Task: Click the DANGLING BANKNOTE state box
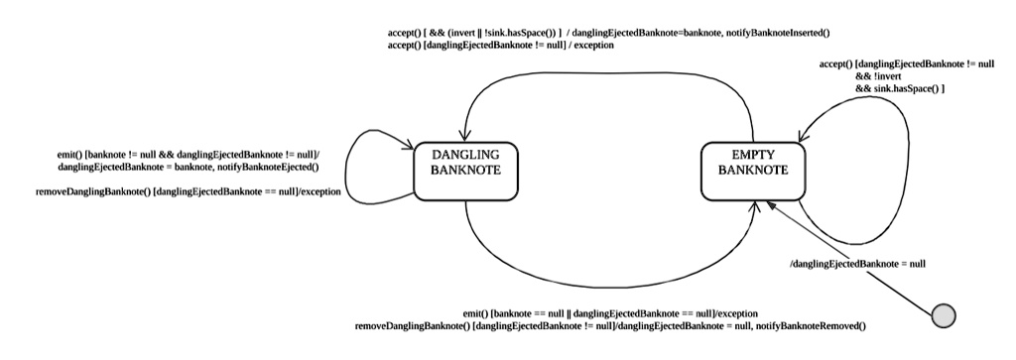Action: click(464, 171)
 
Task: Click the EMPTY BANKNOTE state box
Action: click(751, 171)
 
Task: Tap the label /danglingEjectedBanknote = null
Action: click(857, 264)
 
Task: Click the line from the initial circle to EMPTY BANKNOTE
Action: click(853, 259)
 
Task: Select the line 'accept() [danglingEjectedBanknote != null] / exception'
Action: click(501, 46)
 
